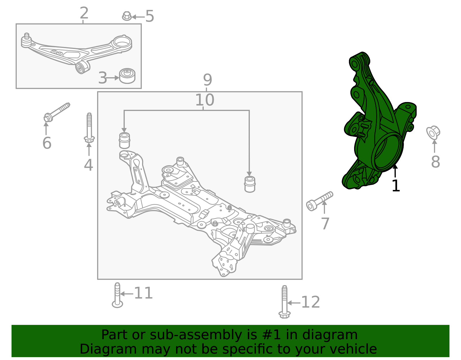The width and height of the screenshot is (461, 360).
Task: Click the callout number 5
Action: (150, 16)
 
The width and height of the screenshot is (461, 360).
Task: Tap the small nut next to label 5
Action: (126, 16)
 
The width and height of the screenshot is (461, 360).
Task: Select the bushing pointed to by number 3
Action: (127, 76)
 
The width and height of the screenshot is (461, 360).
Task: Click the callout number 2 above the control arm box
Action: (84, 13)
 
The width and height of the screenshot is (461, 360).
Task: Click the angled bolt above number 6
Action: (57, 112)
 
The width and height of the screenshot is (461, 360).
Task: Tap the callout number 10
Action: (205, 100)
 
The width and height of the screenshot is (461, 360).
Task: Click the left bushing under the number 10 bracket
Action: (124, 140)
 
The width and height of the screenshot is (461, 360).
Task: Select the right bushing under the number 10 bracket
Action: (250, 184)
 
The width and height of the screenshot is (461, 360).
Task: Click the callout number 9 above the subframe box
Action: (207, 80)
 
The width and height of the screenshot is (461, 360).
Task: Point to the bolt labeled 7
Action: (319, 201)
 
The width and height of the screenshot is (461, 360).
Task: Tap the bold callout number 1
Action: (396, 186)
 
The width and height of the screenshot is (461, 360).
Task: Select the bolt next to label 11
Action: (117, 295)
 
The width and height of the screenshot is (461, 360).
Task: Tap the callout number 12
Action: (310, 302)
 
